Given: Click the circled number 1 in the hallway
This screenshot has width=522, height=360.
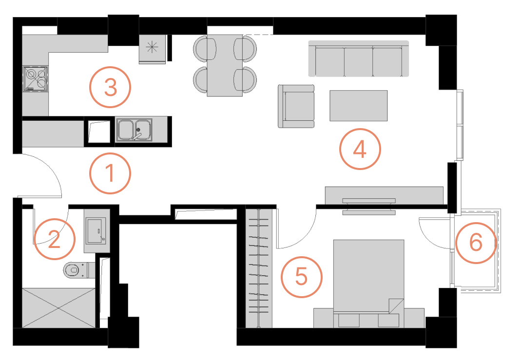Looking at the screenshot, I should click(110, 173).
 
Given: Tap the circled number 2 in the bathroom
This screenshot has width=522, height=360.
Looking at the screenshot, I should click(55, 239).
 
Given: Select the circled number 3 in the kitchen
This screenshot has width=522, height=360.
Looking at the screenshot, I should click(110, 88).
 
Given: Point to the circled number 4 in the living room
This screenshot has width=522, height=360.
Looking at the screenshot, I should click(360, 150).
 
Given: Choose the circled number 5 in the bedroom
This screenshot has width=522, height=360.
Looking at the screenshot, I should click(302, 277).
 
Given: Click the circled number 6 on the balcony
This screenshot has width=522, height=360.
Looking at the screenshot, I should click(476, 243).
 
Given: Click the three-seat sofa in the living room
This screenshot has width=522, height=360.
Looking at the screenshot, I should click(358, 59).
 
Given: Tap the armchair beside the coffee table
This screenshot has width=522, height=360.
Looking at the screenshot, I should click(296, 106).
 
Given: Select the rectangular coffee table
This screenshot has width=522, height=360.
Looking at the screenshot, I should click(358, 105).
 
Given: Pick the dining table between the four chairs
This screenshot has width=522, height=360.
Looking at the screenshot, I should click(225, 65).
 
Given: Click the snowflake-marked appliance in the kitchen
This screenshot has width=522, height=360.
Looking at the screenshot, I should click(153, 48).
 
